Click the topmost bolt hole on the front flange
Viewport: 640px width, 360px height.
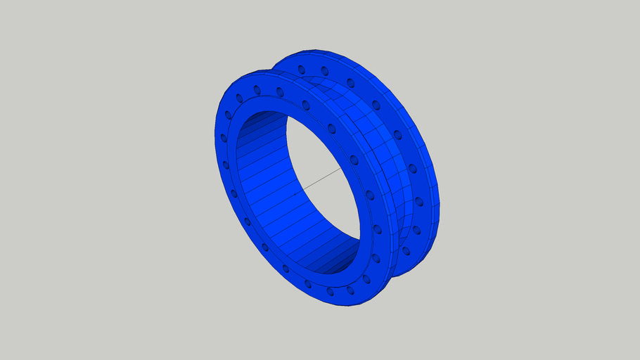click(257, 89)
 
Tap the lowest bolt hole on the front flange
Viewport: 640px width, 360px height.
click(350, 290)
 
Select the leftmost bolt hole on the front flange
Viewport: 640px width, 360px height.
click(224, 139)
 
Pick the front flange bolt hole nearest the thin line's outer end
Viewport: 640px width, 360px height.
click(354, 160)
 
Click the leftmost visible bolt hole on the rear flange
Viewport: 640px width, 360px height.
click(301, 69)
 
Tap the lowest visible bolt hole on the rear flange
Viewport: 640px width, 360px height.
click(406, 250)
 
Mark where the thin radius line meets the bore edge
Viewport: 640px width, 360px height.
click(343, 167)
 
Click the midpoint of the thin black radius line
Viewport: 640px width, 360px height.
click(318, 180)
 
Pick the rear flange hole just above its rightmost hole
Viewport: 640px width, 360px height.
click(412, 168)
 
